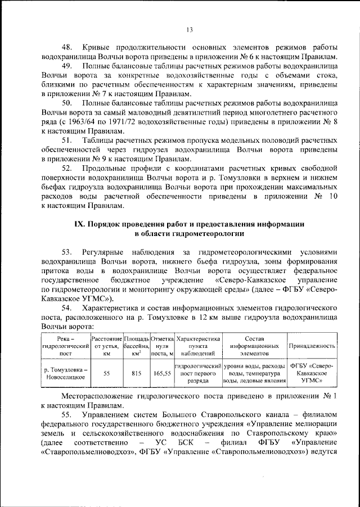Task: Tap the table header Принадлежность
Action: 312,347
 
